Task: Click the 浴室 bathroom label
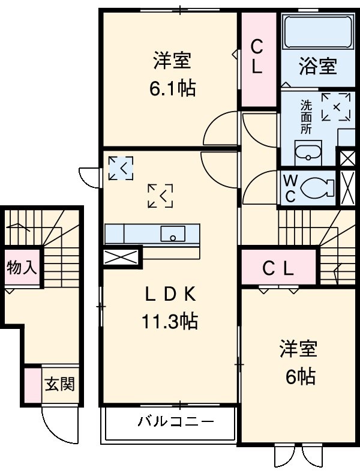click(317, 65)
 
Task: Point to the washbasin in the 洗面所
click(308, 153)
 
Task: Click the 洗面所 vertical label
click(306, 116)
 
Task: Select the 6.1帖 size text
click(172, 89)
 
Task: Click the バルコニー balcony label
click(168, 421)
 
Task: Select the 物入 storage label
click(22, 267)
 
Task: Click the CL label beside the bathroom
click(257, 56)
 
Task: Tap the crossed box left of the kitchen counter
click(121, 257)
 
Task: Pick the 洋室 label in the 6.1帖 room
click(172, 61)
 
